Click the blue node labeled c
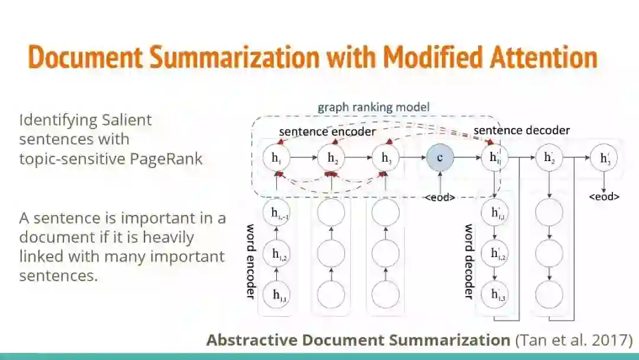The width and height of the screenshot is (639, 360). [440, 157]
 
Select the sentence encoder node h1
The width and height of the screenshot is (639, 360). [276, 157]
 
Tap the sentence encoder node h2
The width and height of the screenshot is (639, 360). [331, 157]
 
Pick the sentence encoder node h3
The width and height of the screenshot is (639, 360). [386, 157]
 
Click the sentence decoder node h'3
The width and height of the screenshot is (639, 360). [604, 157]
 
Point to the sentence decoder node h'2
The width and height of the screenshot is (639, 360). [549, 157]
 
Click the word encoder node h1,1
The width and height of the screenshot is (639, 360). [279, 295]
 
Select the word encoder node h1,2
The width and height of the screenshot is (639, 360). [279, 254]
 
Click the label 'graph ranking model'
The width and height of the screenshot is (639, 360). [373, 107]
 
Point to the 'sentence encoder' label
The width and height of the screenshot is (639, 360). [327, 131]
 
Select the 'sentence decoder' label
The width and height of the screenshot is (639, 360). [521, 130]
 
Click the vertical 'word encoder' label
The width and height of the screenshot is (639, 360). [251, 261]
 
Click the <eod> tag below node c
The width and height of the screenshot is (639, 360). [440, 197]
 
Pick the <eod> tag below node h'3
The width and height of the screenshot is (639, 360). [604, 197]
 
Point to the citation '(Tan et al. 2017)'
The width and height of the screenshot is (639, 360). [573, 340]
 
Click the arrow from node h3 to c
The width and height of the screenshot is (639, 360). [413, 157]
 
